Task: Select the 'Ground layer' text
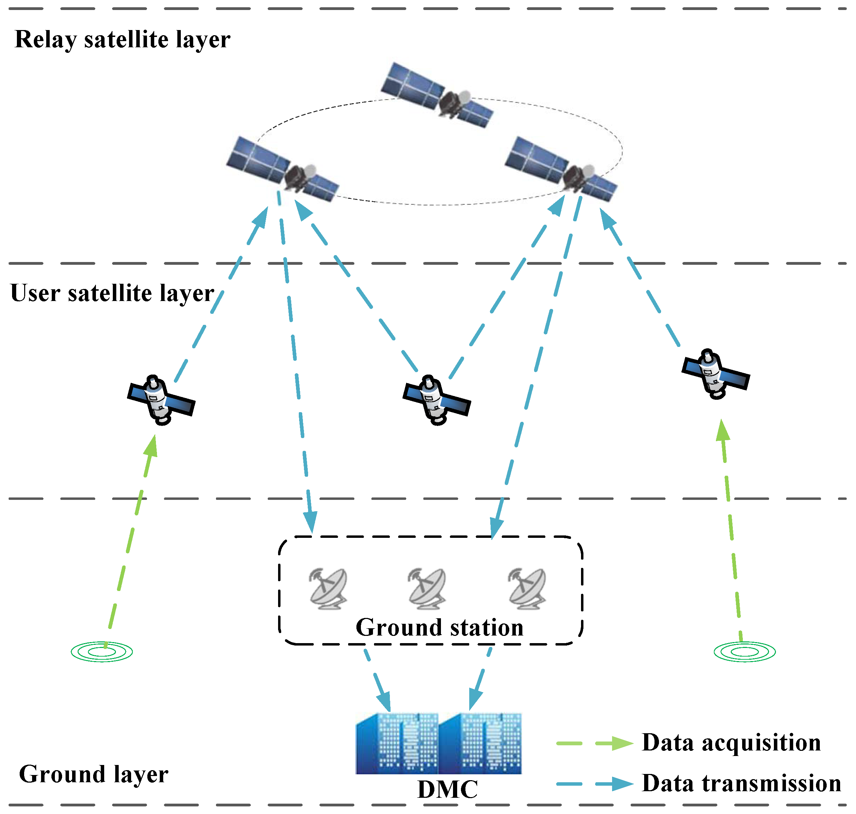point(93,775)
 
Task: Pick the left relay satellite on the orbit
point(283,169)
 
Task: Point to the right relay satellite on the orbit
point(561,169)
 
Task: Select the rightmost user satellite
point(716,374)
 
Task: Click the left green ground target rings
point(102,652)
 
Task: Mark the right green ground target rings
point(745,652)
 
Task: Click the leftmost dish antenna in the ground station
point(328,589)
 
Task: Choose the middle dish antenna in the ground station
point(427,589)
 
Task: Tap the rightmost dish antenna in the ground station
point(527,589)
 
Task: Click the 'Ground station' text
point(439,628)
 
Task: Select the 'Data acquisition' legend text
point(731,743)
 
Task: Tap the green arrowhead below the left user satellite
point(151,447)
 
